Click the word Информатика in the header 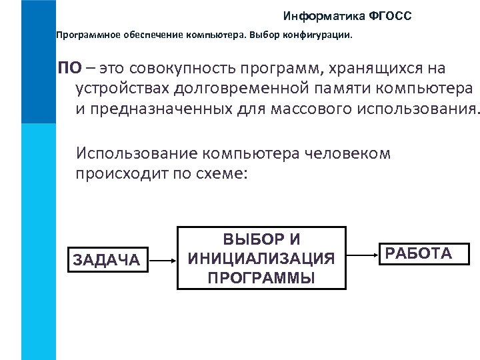click(x=317, y=15)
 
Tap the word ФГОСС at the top click(x=389, y=15)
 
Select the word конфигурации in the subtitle click(x=321, y=33)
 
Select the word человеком click(x=342, y=154)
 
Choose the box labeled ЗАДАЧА click(x=105, y=259)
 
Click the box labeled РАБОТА click(x=419, y=254)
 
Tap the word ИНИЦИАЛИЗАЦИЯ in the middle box click(x=261, y=258)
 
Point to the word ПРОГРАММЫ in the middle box click(x=261, y=277)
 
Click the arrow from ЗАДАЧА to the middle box click(x=163, y=258)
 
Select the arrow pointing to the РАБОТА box click(x=359, y=253)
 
